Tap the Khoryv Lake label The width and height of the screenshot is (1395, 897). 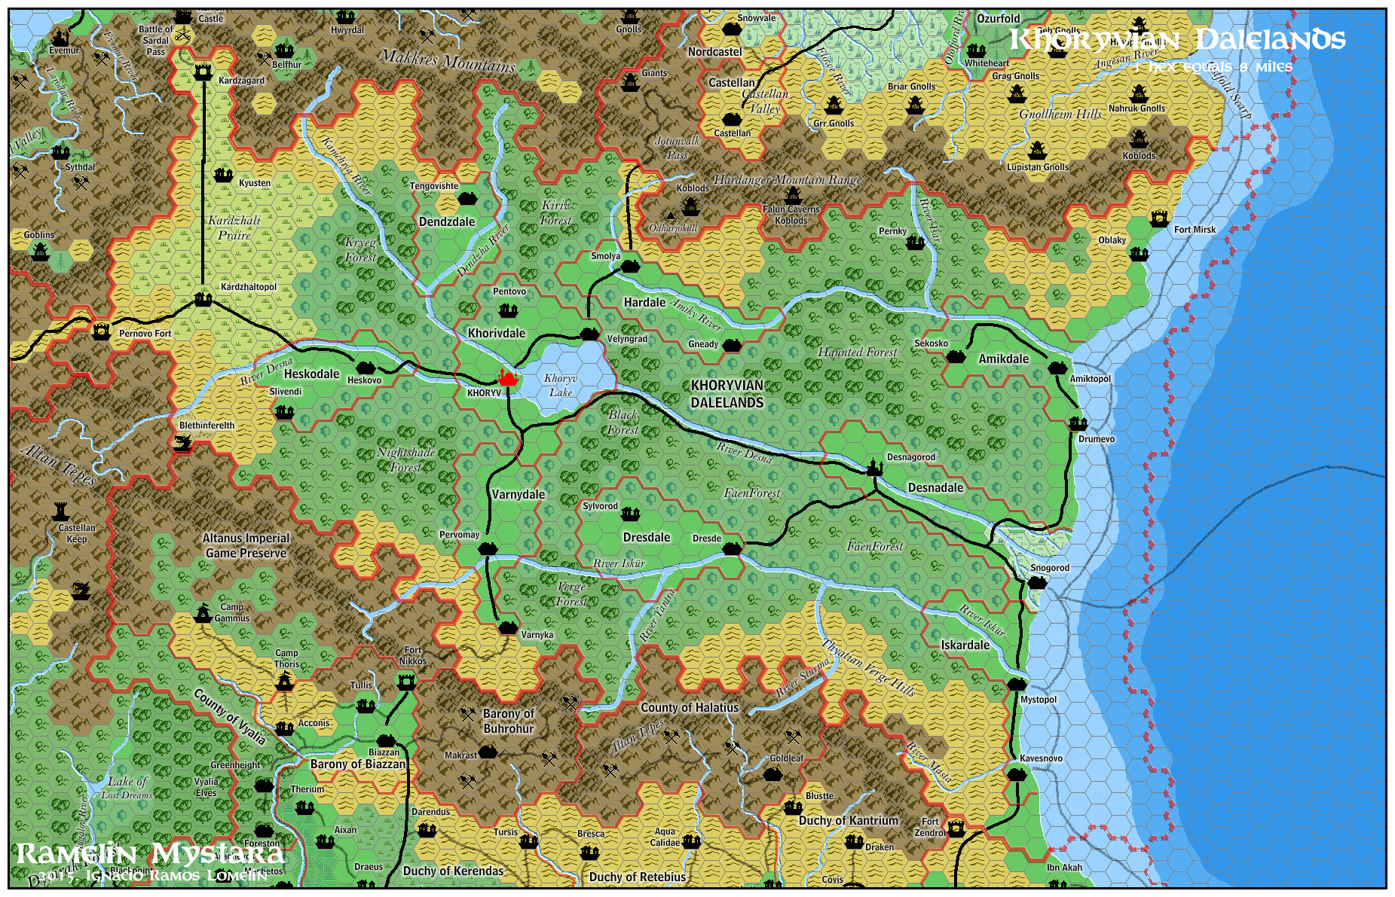pyautogui.click(x=561, y=385)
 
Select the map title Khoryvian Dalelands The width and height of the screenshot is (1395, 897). pyautogui.click(x=1176, y=39)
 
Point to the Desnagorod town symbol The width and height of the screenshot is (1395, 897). pyautogui.click(x=873, y=468)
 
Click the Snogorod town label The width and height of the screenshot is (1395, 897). pyautogui.click(x=1050, y=568)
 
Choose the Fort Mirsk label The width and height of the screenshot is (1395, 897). pyautogui.click(x=1195, y=230)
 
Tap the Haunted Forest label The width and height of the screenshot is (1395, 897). pyautogui.click(x=857, y=352)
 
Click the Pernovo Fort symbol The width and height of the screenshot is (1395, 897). pyautogui.click(x=101, y=331)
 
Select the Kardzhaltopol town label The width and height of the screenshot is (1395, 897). pyautogui.click(x=249, y=287)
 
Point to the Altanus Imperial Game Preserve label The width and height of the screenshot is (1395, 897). pyautogui.click(x=246, y=545)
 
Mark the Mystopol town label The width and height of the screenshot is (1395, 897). pyautogui.click(x=1039, y=700)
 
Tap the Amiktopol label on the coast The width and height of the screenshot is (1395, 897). pyautogui.click(x=1090, y=379)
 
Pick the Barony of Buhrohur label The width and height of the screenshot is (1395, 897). pyautogui.click(x=508, y=721)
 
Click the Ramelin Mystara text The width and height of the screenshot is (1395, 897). pyautogui.click(x=150, y=854)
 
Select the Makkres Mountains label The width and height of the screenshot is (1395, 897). pyautogui.click(x=448, y=60)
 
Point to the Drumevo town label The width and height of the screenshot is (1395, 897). pyautogui.click(x=1096, y=439)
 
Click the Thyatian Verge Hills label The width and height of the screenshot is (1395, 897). pyautogui.click(x=868, y=667)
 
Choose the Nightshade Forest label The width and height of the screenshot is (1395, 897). pyautogui.click(x=405, y=459)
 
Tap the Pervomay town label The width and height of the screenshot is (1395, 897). pyautogui.click(x=459, y=535)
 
